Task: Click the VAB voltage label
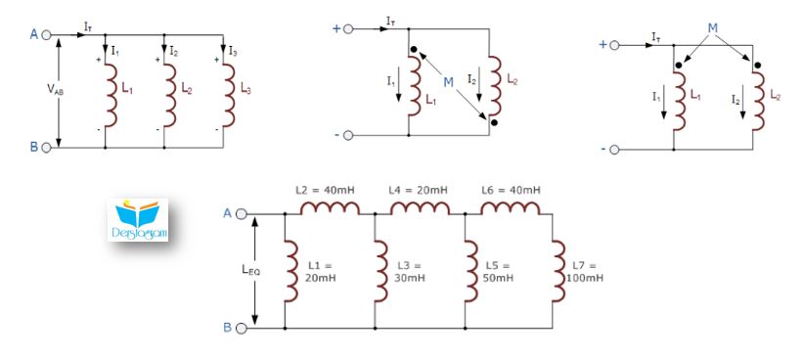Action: tap(55, 89)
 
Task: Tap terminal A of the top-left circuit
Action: tap(46, 35)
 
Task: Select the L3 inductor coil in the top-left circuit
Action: tap(229, 96)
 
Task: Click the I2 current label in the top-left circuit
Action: tap(173, 51)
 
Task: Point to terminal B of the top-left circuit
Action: tap(46, 148)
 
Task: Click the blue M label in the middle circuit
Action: tap(449, 82)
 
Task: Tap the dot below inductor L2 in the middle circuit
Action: tap(494, 122)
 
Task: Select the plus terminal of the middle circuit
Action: tap(348, 29)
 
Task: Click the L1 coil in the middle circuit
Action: tap(415, 86)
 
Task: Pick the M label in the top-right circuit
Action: tap(713, 28)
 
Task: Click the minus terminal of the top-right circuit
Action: tap(614, 150)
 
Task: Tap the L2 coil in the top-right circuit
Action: tap(758, 101)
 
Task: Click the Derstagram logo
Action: tap(139, 220)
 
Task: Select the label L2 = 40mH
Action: tap(325, 190)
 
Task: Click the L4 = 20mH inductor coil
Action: tap(420, 207)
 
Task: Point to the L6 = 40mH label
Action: tap(511, 190)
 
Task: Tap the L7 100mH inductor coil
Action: tap(558, 271)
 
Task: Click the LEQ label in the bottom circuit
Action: tap(250, 270)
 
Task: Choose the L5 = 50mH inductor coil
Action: tap(471, 271)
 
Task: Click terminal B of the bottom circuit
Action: tap(241, 328)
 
